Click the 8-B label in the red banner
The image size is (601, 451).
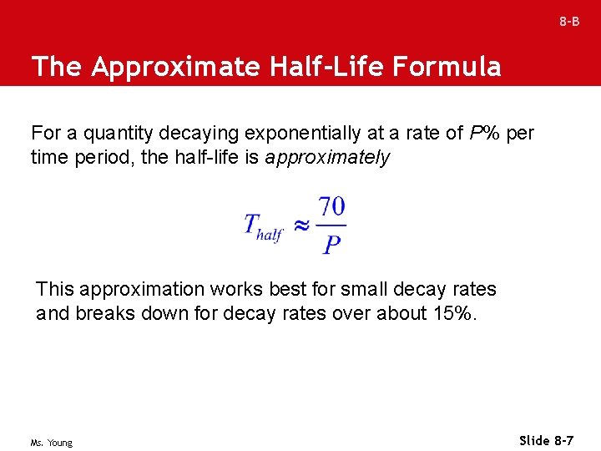tap(569, 22)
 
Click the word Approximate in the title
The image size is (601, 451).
tap(176, 67)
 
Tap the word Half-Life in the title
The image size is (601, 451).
tap(323, 67)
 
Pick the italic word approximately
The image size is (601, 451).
tap(327, 157)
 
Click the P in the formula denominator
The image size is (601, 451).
tap(331, 245)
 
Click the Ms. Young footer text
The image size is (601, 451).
tap(52, 443)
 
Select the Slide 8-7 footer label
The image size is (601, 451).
tap(546, 440)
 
